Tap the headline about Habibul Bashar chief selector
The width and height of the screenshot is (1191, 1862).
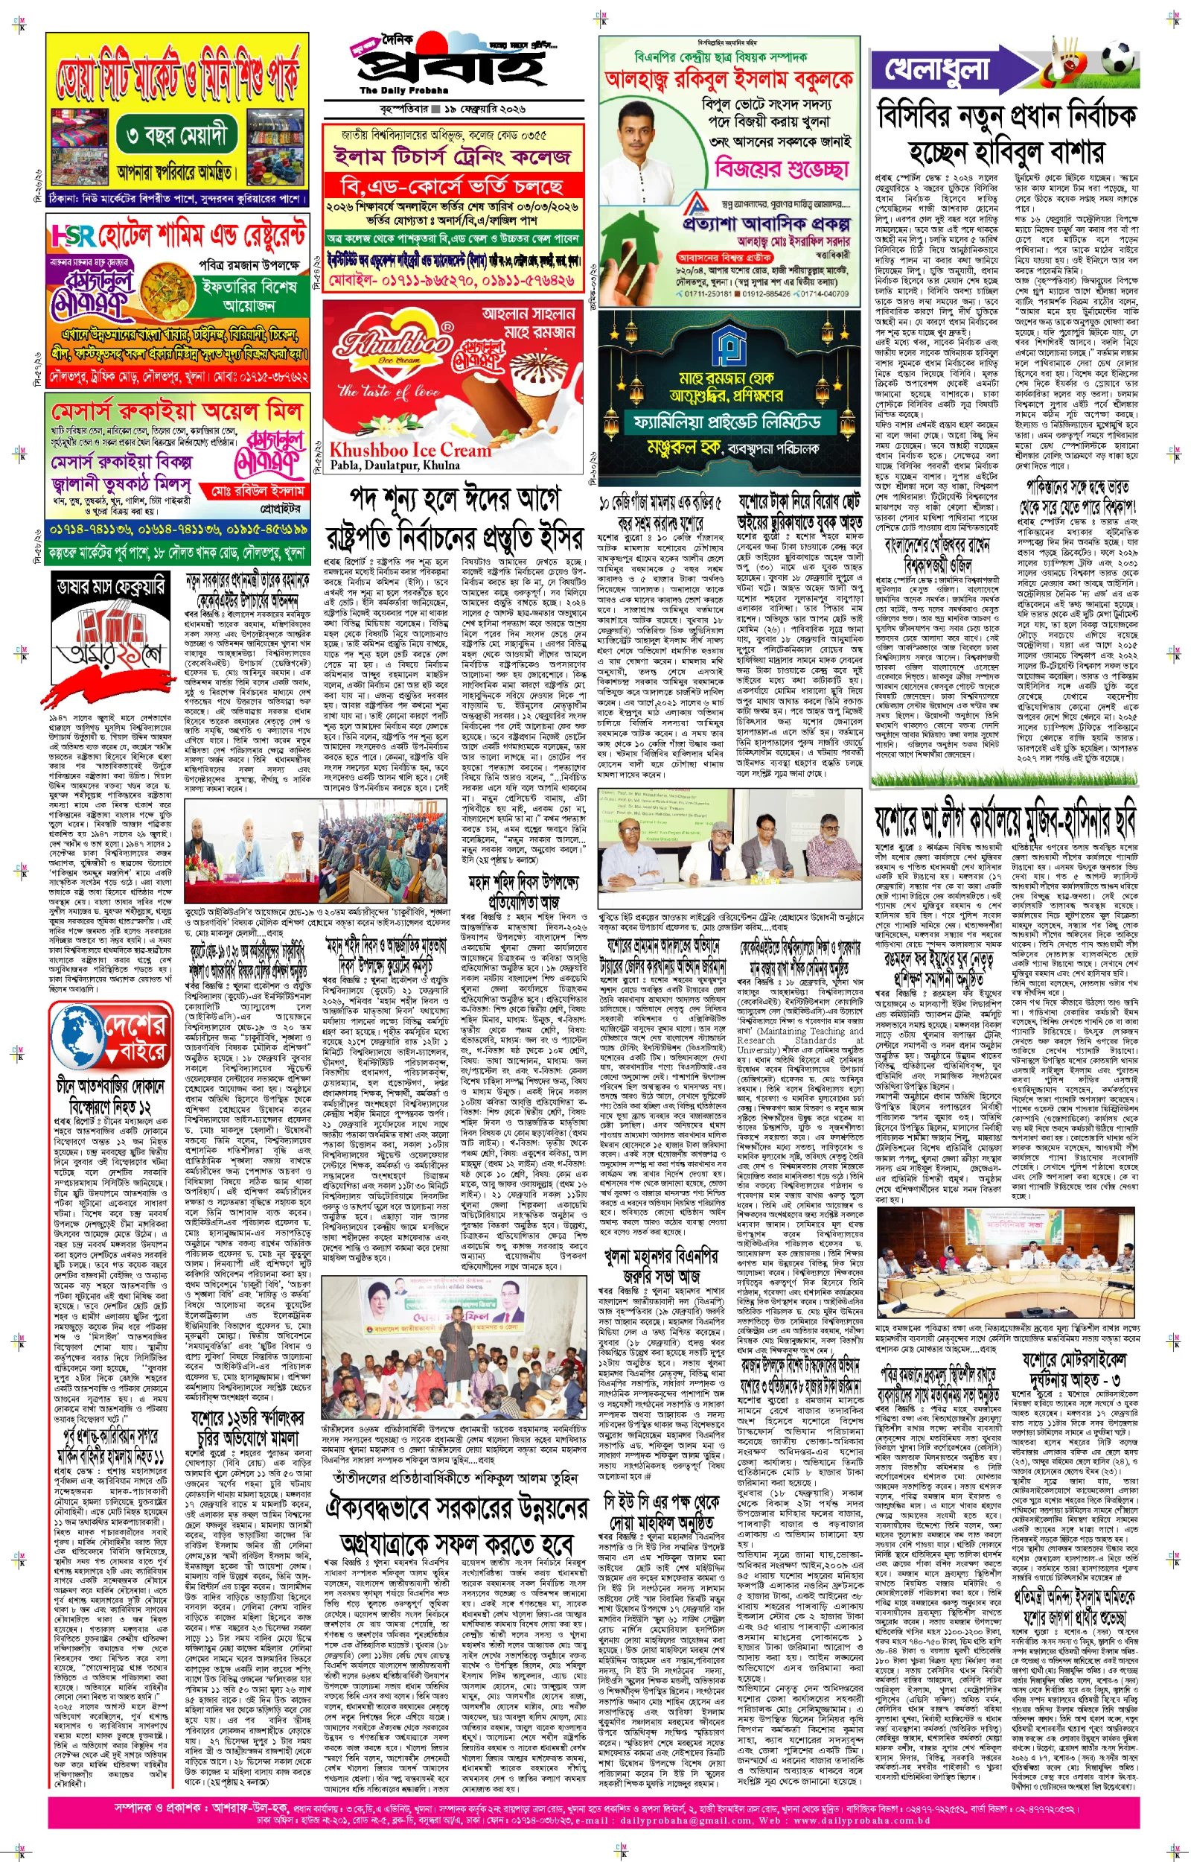pyautogui.click(x=1006, y=133)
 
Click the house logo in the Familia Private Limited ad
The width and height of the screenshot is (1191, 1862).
pyautogui.click(x=728, y=341)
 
